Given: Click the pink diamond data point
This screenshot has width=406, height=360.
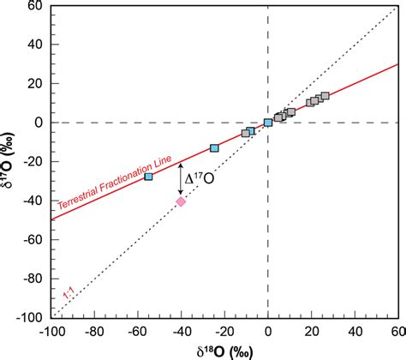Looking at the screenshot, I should point(181,201).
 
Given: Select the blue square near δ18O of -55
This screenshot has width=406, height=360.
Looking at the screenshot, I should point(148,177).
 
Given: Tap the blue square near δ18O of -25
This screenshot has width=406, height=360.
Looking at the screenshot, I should point(214,148).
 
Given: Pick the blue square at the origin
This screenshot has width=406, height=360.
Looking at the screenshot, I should point(268,123).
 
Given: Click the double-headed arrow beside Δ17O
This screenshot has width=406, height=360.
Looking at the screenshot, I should point(181,178).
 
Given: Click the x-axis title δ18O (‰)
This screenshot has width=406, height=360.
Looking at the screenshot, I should point(224,351).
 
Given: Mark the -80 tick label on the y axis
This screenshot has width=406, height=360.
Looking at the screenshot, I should point(31,279).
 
